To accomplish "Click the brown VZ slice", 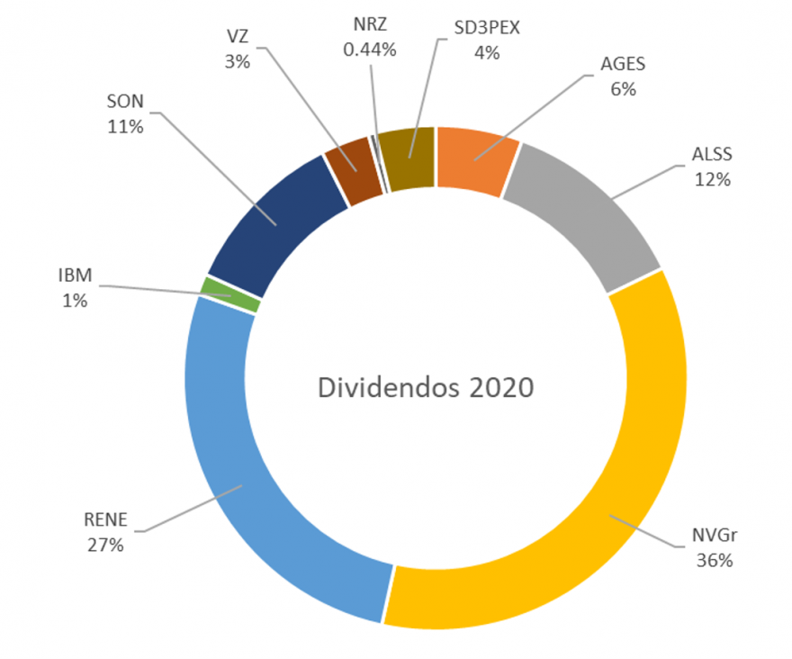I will point(351,160).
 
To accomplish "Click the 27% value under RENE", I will point(105,544).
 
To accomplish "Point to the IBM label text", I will point(75,276).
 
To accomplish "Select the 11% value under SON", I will point(126,127).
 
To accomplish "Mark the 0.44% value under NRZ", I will point(370,50).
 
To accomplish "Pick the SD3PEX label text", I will point(486,26).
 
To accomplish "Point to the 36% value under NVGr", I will point(715,560).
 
